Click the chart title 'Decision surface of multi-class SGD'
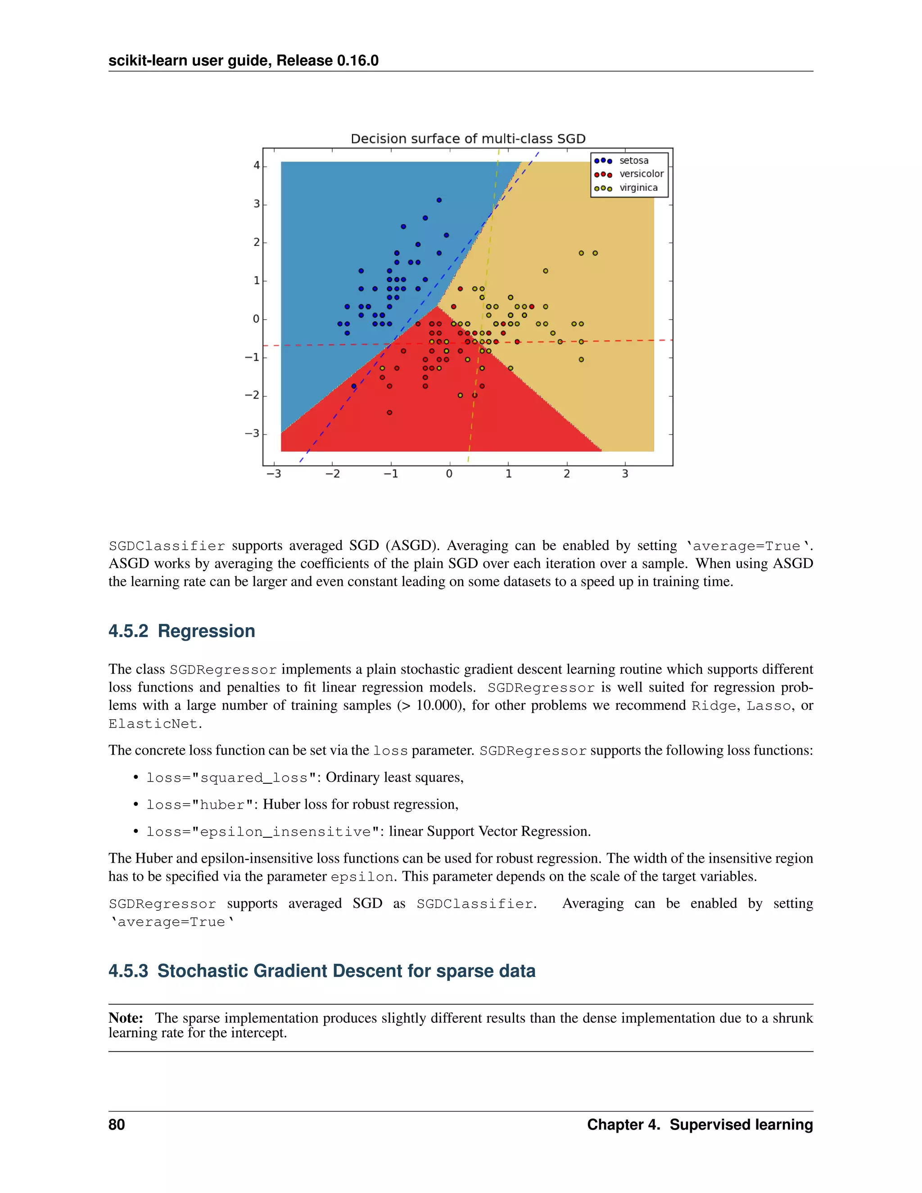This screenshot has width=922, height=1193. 468,139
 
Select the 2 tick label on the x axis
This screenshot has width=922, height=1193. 566,474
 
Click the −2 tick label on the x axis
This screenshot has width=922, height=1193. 332,474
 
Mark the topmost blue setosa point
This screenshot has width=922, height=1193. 438,200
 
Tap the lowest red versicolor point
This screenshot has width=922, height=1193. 389,412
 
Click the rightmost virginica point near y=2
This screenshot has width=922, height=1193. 595,253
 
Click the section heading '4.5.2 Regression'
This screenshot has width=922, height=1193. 181,631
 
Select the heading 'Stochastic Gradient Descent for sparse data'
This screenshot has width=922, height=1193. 346,971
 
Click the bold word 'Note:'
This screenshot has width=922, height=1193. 126,1018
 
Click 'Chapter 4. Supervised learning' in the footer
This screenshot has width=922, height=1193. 699,1124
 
